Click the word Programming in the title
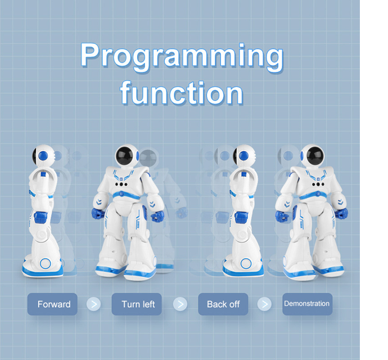pos(181,57)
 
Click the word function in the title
pos(181,93)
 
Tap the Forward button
pos(53,304)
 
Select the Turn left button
pos(138,304)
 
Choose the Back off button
pos(223,304)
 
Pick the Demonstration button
pos(307,304)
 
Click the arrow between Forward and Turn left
pos(94,304)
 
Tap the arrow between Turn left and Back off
pos(179,304)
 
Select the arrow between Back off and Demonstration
pos(264,304)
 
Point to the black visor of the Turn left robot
pos(128,156)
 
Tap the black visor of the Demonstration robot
pos(311,156)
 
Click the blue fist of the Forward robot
pos(39,217)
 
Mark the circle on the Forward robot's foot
pos(45,263)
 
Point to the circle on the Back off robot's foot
pos(245,263)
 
